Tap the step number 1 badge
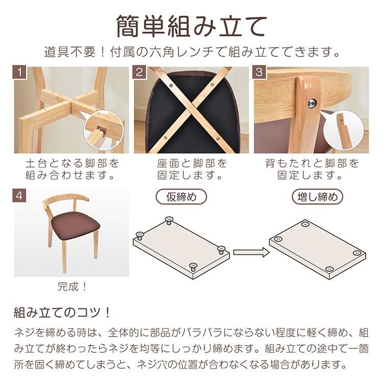(x=19, y=72)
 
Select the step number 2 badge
(x=139, y=72)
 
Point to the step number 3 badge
(x=259, y=72)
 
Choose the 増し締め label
(x=317, y=197)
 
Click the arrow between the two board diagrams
(x=251, y=251)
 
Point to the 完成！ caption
(x=72, y=286)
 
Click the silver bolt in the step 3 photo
(x=312, y=104)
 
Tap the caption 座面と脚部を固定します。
(x=192, y=170)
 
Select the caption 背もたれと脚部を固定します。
(x=312, y=170)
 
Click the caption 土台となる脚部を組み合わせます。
(x=72, y=170)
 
